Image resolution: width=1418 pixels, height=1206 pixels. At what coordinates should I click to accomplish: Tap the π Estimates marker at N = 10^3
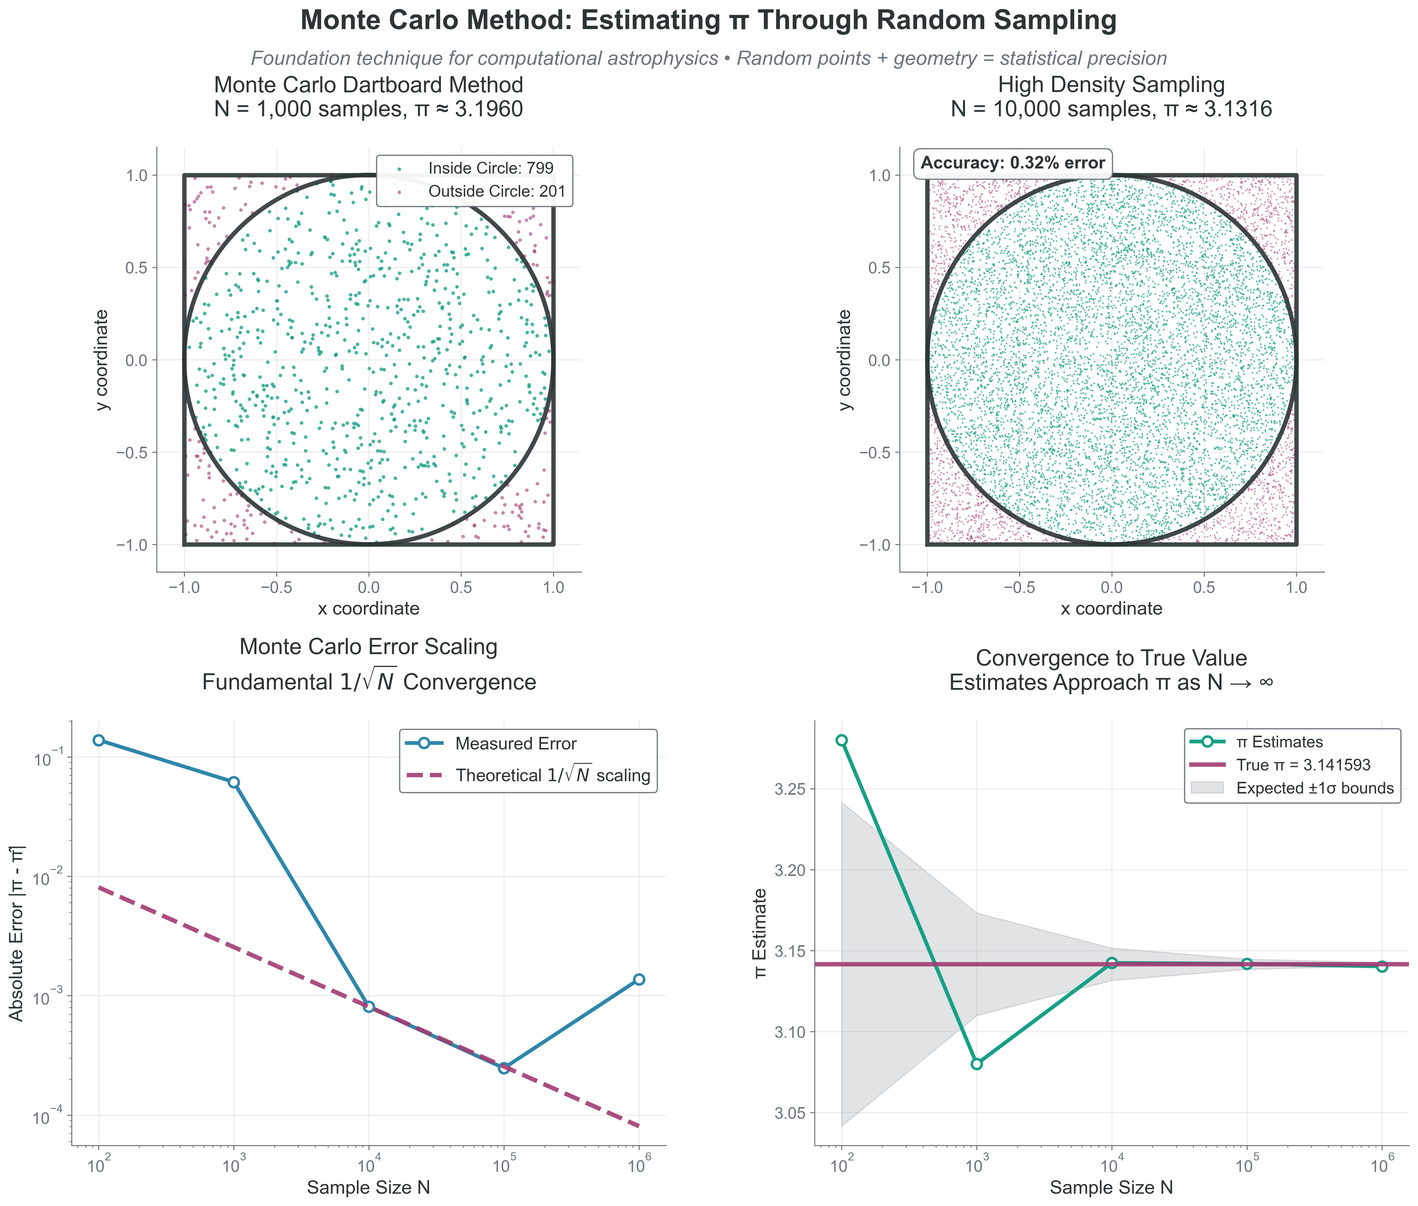coord(976,1064)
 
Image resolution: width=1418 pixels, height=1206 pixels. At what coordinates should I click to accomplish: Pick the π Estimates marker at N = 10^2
coord(842,740)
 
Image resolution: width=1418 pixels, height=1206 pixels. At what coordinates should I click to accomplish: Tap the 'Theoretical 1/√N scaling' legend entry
coord(552,775)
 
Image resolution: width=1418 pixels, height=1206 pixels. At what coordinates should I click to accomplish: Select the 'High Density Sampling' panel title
coord(1111,85)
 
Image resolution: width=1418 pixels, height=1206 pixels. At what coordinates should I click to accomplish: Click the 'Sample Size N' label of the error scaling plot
coord(368,1187)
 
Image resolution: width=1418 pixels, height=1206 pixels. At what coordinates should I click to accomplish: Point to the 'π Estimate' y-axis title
coord(760,933)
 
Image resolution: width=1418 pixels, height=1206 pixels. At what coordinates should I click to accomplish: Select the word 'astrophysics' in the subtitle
coord(660,59)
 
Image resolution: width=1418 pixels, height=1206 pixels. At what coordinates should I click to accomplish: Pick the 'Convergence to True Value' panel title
coord(1111,658)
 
